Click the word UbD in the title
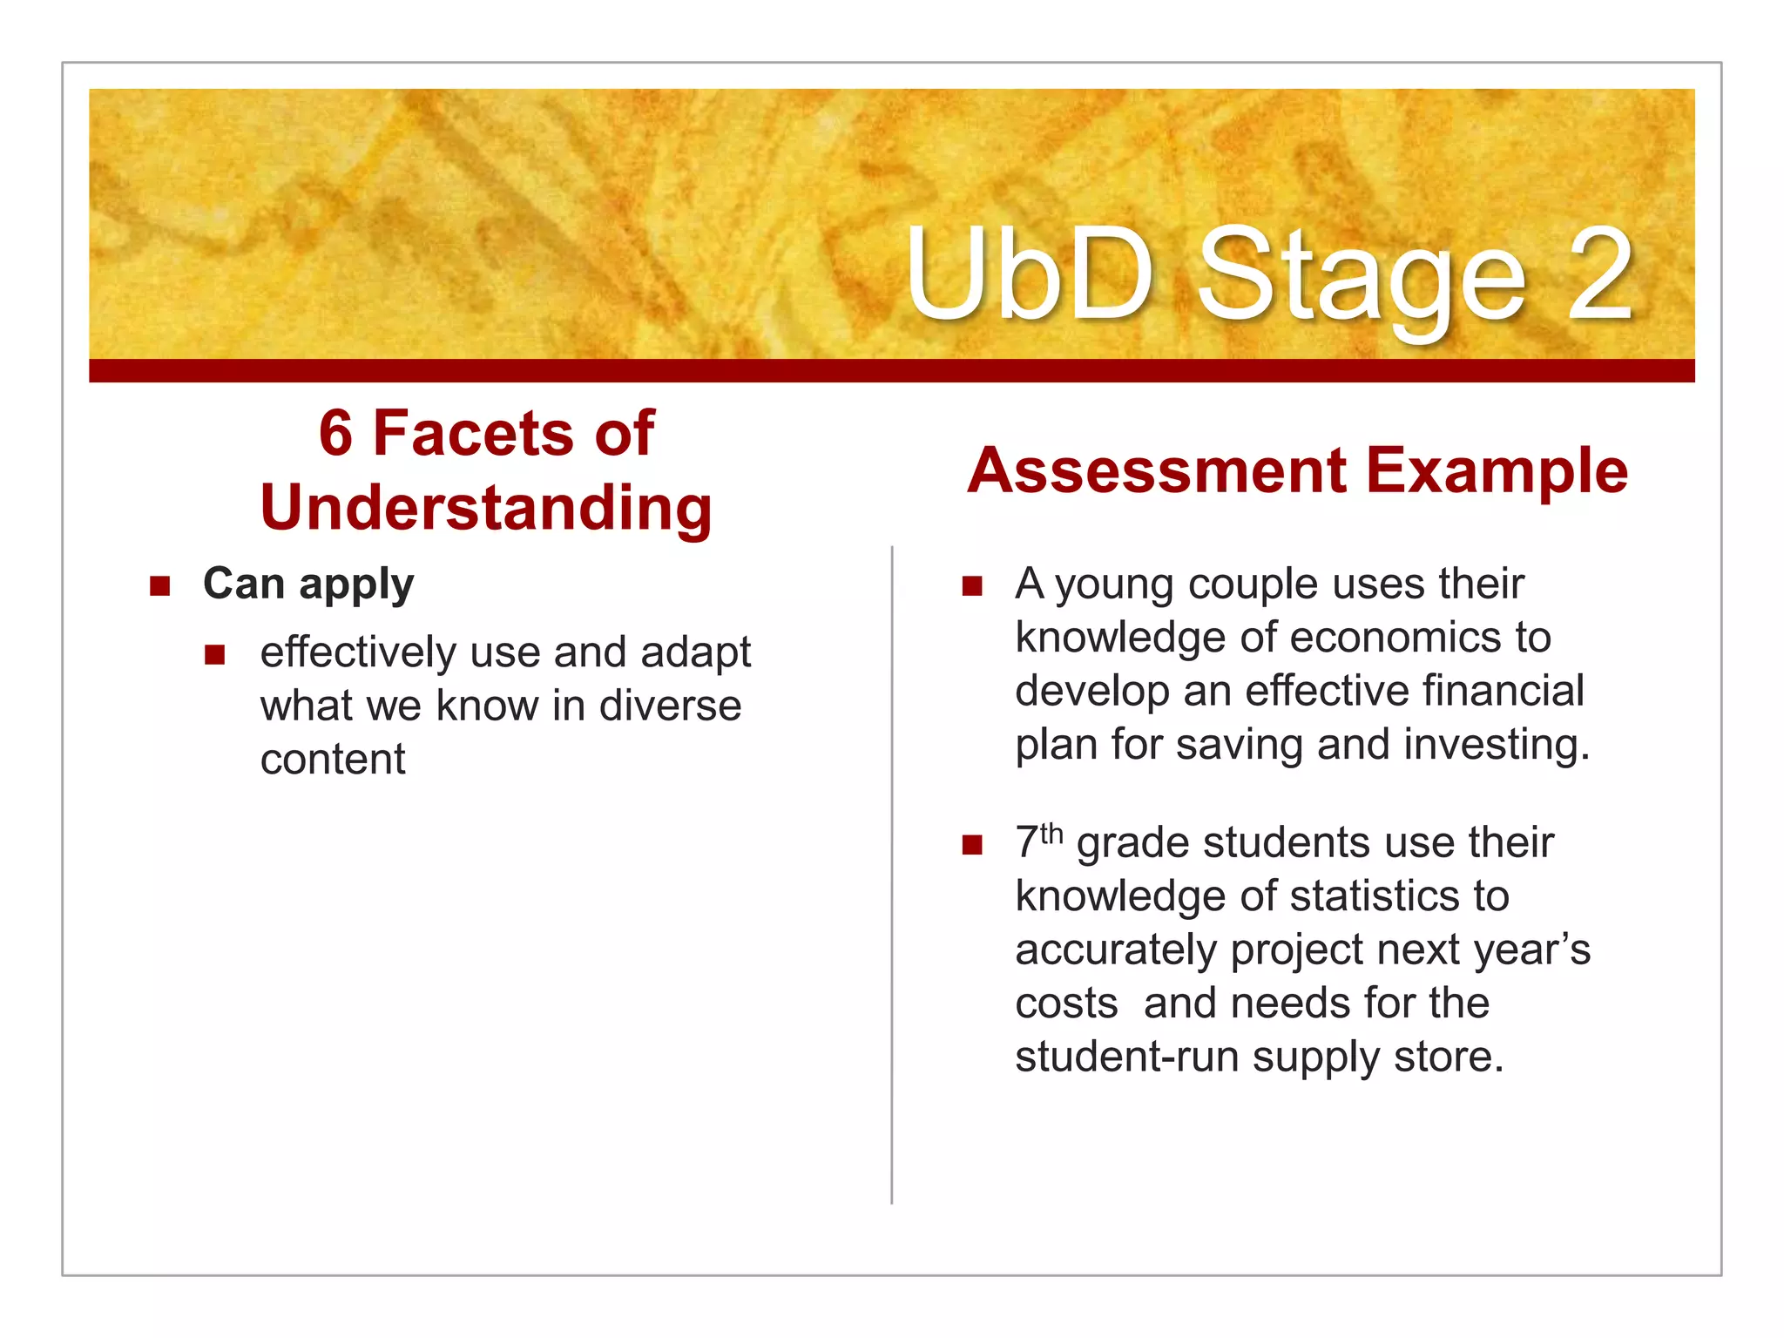[x=1029, y=274]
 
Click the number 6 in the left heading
[x=336, y=433]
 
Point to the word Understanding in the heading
[x=486, y=508]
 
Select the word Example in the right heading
[x=1497, y=470]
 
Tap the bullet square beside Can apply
[x=159, y=585]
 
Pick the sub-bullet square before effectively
[x=215, y=654]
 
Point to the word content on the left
[x=333, y=760]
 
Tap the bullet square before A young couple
[x=972, y=585]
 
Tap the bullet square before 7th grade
[x=972, y=844]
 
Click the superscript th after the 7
[x=1051, y=834]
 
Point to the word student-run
[x=1127, y=1058]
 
